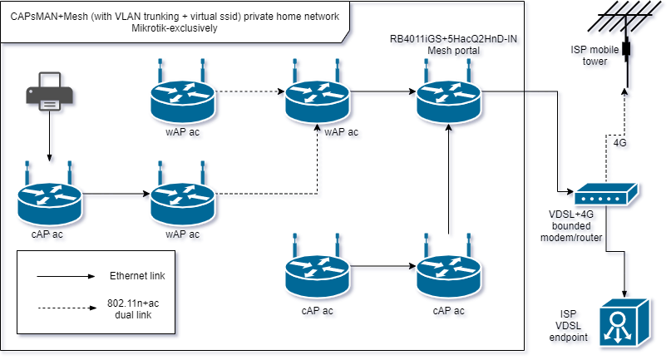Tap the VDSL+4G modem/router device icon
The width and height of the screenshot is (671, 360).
(x=605, y=195)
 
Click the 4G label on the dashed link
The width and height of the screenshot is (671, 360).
(x=619, y=142)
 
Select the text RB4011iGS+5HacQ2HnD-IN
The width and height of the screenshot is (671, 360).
(x=448, y=39)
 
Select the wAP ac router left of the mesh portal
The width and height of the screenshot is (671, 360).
(x=316, y=98)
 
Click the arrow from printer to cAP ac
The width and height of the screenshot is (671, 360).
(x=49, y=137)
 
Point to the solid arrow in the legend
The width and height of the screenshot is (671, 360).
(x=64, y=275)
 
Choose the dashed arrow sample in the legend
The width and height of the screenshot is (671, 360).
(x=64, y=308)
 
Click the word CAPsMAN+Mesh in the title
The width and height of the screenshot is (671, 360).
(x=51, y=16)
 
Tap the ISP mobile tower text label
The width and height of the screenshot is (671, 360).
(x=589, y=55)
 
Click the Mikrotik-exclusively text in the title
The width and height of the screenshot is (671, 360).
(x=175, y=28)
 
